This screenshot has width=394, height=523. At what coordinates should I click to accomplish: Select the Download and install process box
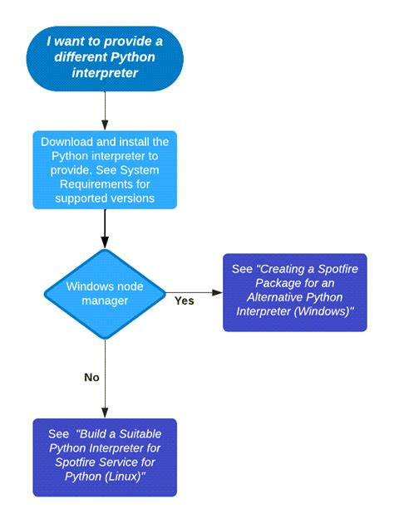105,169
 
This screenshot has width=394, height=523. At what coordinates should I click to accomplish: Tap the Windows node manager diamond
105,293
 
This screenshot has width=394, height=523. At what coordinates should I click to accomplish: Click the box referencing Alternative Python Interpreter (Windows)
294,292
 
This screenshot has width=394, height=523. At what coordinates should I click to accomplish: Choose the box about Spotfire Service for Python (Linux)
105,457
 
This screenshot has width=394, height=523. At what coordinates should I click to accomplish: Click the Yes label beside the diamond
184,301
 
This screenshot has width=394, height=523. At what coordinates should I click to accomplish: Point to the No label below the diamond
91,377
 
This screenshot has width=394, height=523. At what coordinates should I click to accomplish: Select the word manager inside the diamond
105,301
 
